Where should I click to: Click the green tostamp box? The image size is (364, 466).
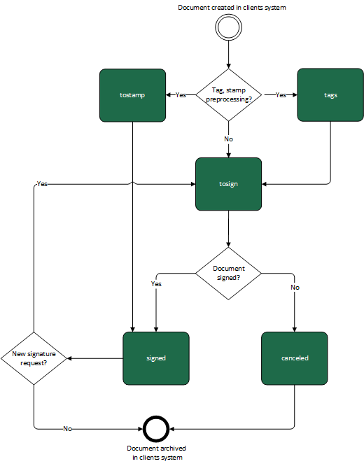(132, 95)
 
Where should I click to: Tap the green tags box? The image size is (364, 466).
(330, 95)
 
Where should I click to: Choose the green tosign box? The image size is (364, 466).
(228, 184)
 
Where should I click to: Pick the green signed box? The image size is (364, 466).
(156, 358)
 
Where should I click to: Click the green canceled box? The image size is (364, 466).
(295, 358)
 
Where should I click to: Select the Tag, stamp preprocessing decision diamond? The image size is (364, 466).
(228, 95)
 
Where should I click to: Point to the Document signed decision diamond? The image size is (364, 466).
(228, 274)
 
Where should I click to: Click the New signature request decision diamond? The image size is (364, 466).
(34, 358)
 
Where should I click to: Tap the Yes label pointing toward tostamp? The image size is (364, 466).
(181, 94)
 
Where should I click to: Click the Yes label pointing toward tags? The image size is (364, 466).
(281, 94)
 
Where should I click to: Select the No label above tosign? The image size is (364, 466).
(228, 139)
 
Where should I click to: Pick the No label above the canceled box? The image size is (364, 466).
(295, 288)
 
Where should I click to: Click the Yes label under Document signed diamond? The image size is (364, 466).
(156, 284)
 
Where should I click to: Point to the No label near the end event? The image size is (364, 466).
(67, 428)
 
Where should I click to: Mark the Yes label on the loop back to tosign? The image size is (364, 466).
(42, 183)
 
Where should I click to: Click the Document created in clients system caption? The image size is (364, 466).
(232, 8)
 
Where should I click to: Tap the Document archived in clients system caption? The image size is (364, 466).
(157, 453)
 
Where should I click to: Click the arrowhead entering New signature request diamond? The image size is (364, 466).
(69, 358)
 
